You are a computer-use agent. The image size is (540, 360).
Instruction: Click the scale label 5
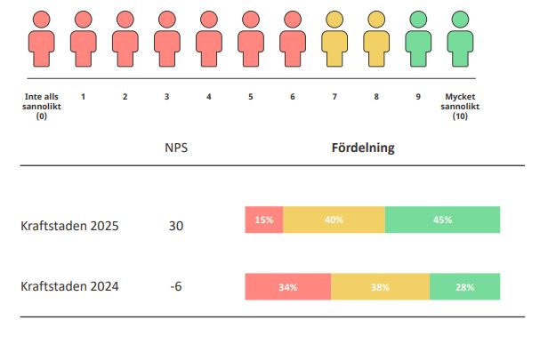[251, 96]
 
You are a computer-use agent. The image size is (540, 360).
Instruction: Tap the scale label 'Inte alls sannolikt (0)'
[41, 106]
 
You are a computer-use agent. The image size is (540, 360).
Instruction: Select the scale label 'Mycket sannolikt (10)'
[460, 106]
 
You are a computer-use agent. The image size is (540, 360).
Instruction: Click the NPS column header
[175, 148]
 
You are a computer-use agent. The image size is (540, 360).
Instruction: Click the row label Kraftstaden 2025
[69, 226]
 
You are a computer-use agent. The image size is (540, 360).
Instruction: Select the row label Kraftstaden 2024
[69, 286]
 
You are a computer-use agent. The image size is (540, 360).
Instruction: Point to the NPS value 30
[175, 226]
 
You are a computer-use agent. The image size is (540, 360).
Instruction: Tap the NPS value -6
[175, 286]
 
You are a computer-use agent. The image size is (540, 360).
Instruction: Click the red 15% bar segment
[264, 220]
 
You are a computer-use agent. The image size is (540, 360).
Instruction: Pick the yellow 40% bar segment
[334, 220]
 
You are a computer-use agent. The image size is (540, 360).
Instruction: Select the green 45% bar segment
[442, 220]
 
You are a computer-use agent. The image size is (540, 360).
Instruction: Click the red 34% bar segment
[287, 286]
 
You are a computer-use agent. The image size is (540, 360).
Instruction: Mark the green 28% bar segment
[464, 286]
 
